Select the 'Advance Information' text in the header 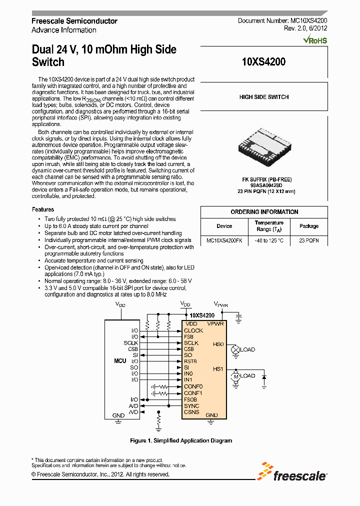(x=63, y=30)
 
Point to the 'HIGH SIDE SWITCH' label (x=263, y=97)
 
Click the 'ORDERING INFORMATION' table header (x=264, y=212)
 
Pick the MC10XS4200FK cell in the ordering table (x=224, y=240)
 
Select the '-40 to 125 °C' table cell (x=269, y=240)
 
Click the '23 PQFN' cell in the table (x=308, y=240)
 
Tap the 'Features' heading (x=43, y=209)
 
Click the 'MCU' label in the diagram (x=120, y=360)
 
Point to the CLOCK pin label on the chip (x=193, y=330)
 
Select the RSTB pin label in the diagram (x=190, y=361)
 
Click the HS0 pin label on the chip (x=218, y=344)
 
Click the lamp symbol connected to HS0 (x=234, y=350)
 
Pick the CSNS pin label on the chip (x=191, y=412)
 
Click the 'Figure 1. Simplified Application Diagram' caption (x=181, y=440)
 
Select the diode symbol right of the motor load (x=264, y=375)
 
